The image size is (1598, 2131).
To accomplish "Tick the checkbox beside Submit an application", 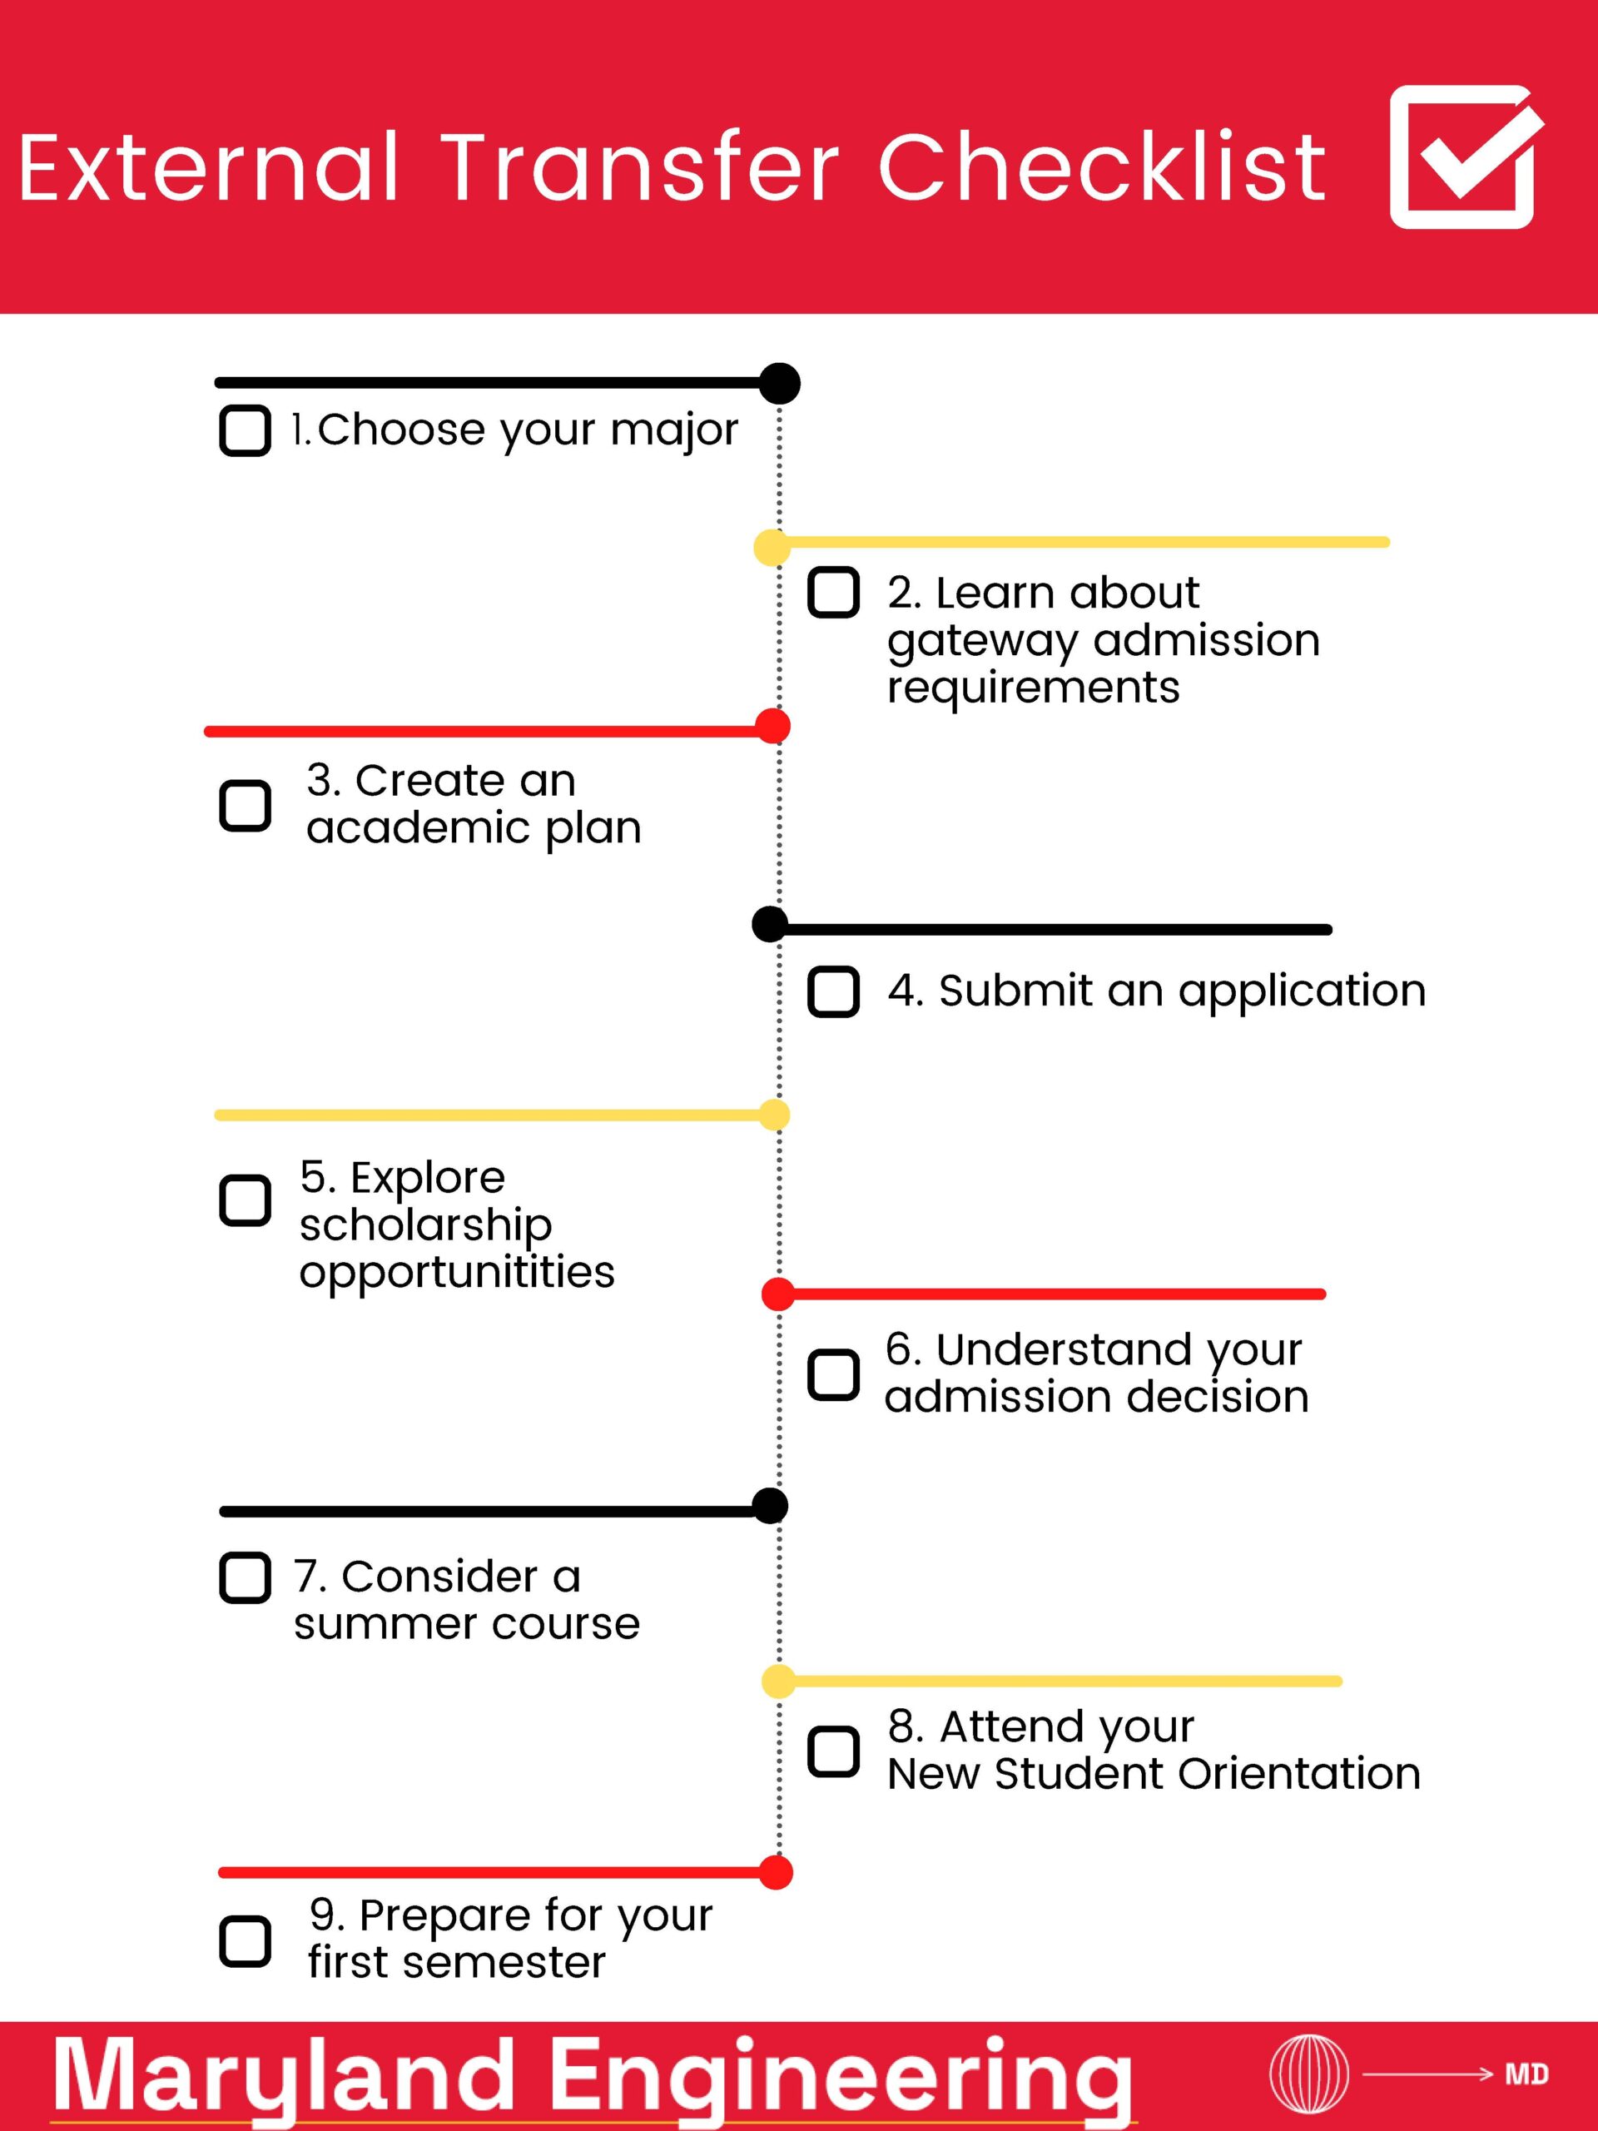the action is tap(833, 991).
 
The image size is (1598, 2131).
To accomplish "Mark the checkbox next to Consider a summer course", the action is tap(245, 1577).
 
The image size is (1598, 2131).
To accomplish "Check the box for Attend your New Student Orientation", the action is tap(833, 1751).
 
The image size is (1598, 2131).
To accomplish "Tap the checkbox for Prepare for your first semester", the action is tap(245, 1940).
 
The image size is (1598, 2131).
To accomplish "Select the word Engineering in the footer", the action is tap(843, 2079).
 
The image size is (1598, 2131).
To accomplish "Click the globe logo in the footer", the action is tap(1308, 2074).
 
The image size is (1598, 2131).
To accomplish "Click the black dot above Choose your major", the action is tap(779, 384).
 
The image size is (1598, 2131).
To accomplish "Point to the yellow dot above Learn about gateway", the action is tap(772, 547).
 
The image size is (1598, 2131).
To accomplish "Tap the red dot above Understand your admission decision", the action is tap(778, 1294).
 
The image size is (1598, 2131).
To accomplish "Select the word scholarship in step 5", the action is tap(426, 1226).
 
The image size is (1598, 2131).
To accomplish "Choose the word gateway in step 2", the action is tap(982, 642).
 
